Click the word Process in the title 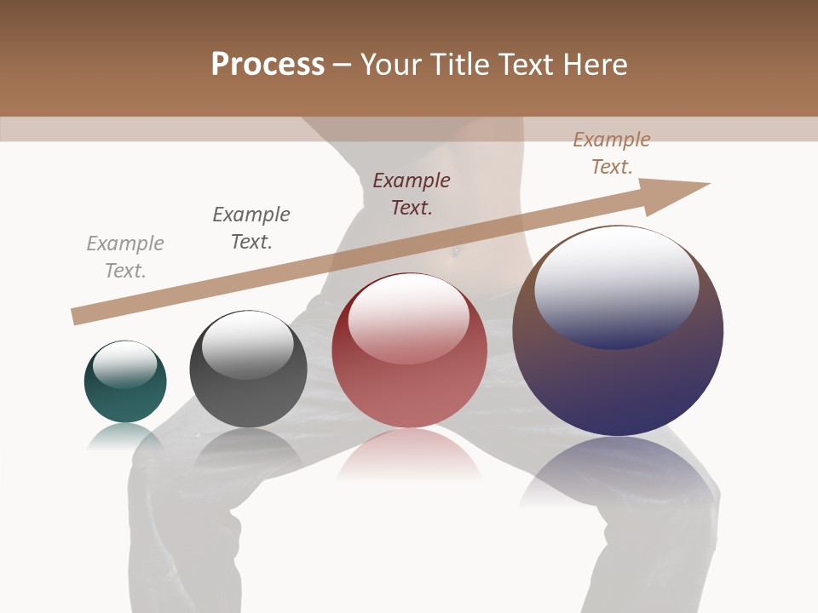pos(268,65)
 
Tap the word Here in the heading pos(595,65)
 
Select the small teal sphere pos(125,381)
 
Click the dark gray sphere pos(248,370)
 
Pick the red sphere pos(409,350)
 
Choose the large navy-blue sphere pos(618,330)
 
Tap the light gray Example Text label pos(125,257)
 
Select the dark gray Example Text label pos(251,228)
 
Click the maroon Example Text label pos(412,194)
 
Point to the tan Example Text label pos(612,153)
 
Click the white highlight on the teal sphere pos(125,364)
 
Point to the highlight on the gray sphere pos(247,345)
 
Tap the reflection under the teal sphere pos(125,436)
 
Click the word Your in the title pos(393,65)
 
